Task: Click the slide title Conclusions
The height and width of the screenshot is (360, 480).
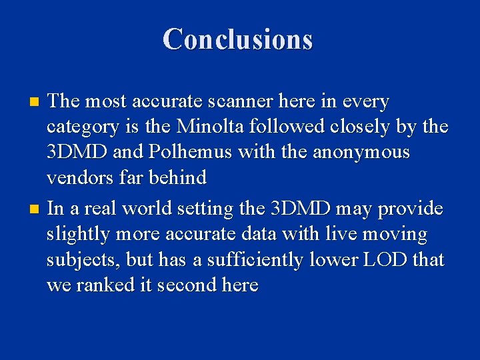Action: pos(237,39)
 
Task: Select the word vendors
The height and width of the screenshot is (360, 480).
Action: pos(79,177)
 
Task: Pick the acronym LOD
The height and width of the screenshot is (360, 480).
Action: pos(385,259)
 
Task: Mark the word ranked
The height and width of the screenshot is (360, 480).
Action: pos(109,285)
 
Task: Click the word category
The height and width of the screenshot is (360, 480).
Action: pos(82,127)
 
